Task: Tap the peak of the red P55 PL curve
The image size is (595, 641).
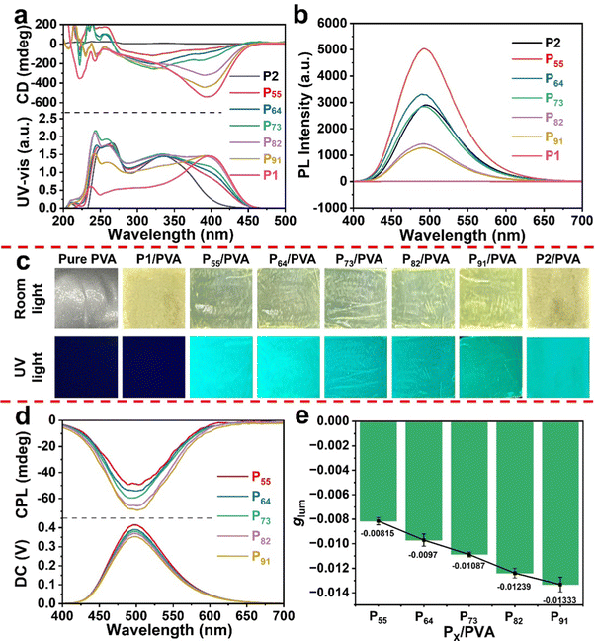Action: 481,48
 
